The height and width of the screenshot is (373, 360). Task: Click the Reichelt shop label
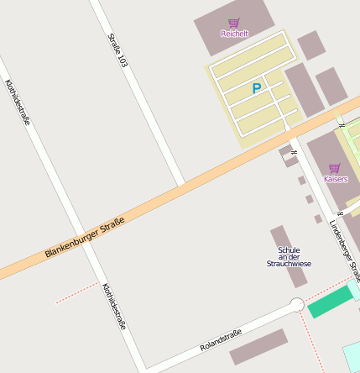[x=234, y=34]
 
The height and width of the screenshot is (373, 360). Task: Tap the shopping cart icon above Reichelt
[x=234, y=23]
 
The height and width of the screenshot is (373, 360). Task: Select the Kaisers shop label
[x=335, y=179]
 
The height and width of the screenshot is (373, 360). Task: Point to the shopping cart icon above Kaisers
[x=335, y=168]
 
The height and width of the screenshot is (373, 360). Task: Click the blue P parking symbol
[x=257, y=88]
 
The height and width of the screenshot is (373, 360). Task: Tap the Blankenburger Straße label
[x=85, y=238]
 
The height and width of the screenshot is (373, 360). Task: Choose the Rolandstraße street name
[x=221, y=340]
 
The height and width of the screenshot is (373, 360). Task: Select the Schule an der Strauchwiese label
[x=289, y=257]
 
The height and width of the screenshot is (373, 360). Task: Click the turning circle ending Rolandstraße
[x=296, y=305]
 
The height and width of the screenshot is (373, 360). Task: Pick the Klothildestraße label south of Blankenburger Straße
[x=113, y=305]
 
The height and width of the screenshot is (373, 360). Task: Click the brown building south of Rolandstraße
[x=258, y=346]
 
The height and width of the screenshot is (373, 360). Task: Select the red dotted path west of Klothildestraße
[x=76, y=292]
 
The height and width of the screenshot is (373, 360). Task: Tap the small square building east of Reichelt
[x=310, y=45]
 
